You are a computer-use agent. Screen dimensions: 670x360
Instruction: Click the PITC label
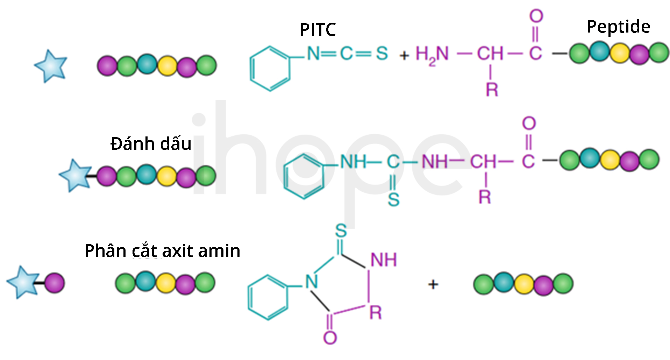click(318, 29)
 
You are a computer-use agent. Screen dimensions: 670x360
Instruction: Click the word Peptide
click(618, 27)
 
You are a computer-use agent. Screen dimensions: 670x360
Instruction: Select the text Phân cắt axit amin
click(162, 250)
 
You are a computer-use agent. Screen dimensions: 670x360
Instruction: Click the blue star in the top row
click(51, 66)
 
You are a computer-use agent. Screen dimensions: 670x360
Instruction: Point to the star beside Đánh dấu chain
click(75, 176)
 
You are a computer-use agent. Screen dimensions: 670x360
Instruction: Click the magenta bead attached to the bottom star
click(55, 283)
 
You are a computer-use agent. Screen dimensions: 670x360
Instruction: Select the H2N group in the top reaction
click(432, 55)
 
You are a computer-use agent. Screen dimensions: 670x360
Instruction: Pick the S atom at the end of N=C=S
click(382, 54)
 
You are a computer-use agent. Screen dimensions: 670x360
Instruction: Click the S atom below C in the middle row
click(393, 199)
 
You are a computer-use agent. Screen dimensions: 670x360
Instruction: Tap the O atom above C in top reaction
click(536, 16)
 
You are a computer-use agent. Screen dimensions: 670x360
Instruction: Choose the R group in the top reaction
click(492, 90)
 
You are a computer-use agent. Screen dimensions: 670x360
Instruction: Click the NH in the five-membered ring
click(384, 260)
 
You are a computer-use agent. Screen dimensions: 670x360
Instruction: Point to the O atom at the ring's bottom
click(330, 338)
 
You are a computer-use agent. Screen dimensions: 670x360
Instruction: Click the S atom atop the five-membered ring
click(341, 231)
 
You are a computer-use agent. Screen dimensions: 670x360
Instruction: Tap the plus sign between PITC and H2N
click(404, 55)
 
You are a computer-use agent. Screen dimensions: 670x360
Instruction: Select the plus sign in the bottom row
click(433, 284)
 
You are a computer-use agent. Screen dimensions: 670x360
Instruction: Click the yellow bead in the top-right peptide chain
click(620, 53)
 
